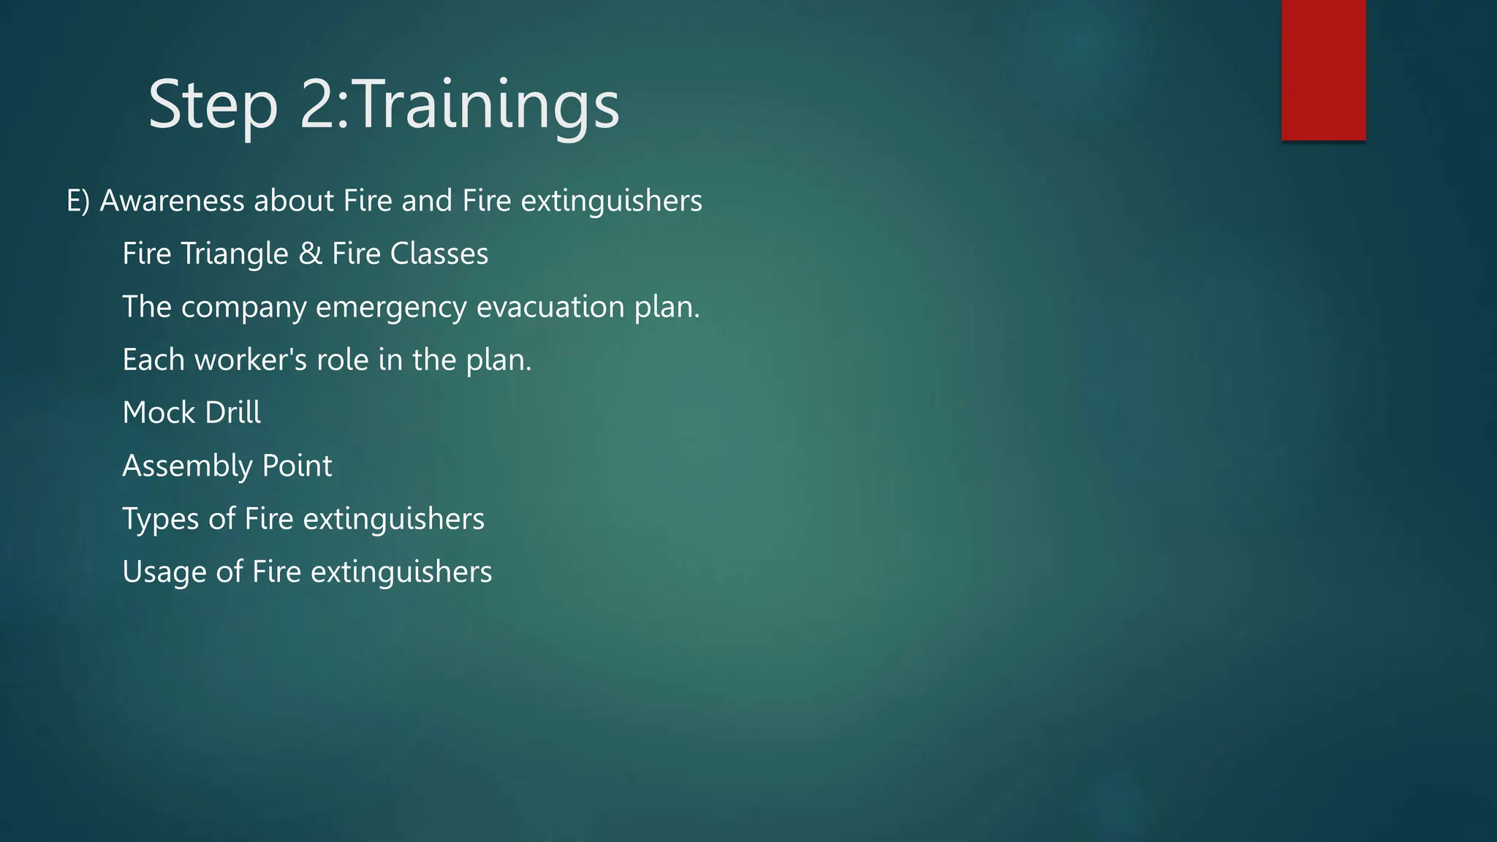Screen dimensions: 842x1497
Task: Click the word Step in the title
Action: tap(213, 105)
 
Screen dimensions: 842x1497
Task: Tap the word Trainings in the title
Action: tap(488, 105)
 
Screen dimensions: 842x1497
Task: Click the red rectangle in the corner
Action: tap(1323, 70)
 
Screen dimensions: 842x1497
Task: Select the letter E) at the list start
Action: tap(78, 201)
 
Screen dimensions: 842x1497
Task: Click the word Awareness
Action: tap(172, 201)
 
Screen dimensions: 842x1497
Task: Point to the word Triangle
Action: tap(235, 254)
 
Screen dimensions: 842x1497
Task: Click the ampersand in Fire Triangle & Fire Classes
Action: tap(310, 254)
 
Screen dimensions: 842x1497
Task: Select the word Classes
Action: tap(439, 254)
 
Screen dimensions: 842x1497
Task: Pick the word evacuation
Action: tap(550, 307)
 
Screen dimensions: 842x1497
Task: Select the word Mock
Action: tap(159, 413)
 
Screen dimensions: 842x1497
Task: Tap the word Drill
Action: tap(232, 413)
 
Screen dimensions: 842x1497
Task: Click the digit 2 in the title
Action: tap(317, 105)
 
